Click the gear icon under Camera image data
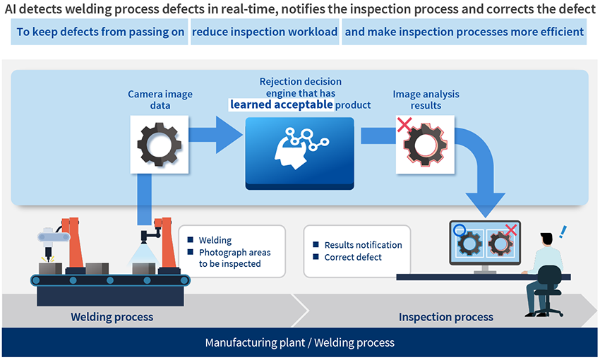(160, 144)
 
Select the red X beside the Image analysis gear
(404, 124)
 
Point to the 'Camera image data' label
(160, 100)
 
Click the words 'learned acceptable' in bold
(282, 104)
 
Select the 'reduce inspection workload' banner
(265, 32)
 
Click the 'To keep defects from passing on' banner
(100, 32)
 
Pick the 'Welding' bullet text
(215, 240)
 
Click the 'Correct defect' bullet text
(353, 257)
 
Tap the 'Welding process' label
(112, 317)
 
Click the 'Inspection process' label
(445, 317)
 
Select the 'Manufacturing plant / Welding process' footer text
(299, 343)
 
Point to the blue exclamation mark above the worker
(563, 232)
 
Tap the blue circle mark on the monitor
(459, 229)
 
